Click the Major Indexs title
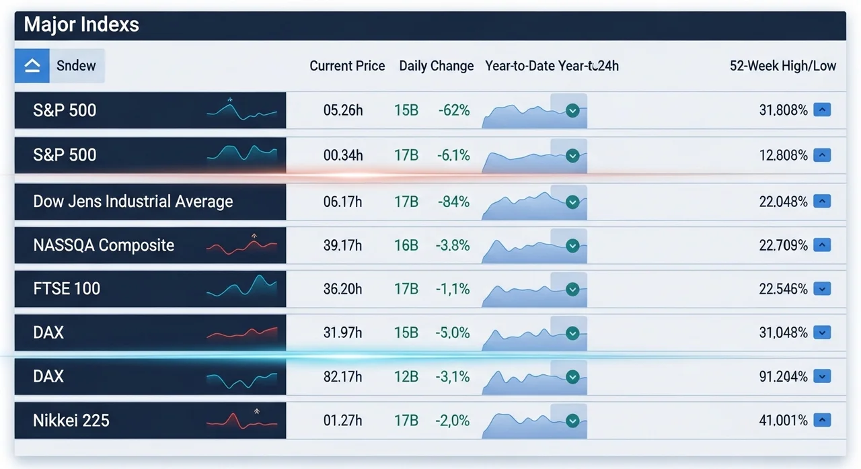click(81, 25)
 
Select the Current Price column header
click(347, 66)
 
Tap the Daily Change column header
click(436, 66)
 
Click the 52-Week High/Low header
click(782, 66)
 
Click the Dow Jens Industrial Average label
click(133, 202)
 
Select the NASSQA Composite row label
click(104, 245)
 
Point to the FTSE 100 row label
click(67, 289)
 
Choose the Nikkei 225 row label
click(71, 421)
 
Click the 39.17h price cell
click(342, 245)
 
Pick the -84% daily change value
click(453, 202)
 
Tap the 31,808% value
click(783, 110)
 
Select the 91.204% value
click(783, 377)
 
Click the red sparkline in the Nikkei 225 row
click(241, 421)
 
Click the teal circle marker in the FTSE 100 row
click(572, 290)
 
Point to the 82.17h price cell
click(342, 377)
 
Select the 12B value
click(406, 377)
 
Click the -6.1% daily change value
click(453, 155)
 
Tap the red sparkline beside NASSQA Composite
click(241, 246)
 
